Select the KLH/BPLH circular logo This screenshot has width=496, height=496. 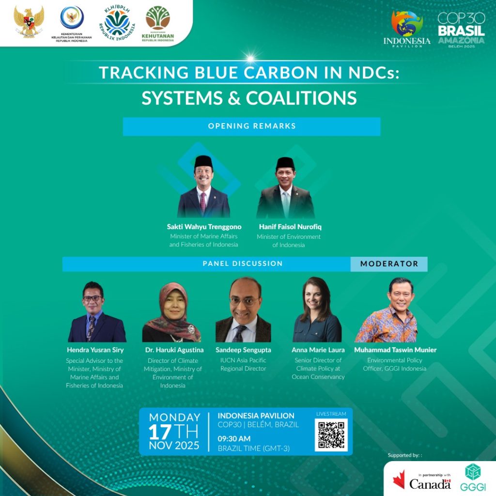[x=117, y=23]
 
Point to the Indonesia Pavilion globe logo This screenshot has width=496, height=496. [x=407, y=29]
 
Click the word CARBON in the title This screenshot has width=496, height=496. [x=280, y=73]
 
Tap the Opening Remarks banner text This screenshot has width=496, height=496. [x=252, y=126]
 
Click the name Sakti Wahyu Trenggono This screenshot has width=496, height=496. [x=204, y=227]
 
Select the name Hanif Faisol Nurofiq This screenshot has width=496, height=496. [x=290, y=227]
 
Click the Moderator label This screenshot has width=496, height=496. [x=389, y=264]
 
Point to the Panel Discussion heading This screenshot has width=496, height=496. [x=243, y=263]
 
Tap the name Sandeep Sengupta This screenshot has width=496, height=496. [x=243, y=350]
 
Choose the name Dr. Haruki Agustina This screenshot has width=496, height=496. [x=174, y=350]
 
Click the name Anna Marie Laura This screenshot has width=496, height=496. [x=318, y=350]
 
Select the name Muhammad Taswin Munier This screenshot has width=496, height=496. [x=395, y=350]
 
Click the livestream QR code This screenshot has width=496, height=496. [x=331, y=435]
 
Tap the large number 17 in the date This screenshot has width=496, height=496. [x=160, y=432]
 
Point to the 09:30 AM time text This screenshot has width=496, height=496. [x=234, y=439]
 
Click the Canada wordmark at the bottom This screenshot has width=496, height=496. [x=430, y=484]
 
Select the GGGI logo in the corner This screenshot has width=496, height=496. [x=473, y=477]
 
